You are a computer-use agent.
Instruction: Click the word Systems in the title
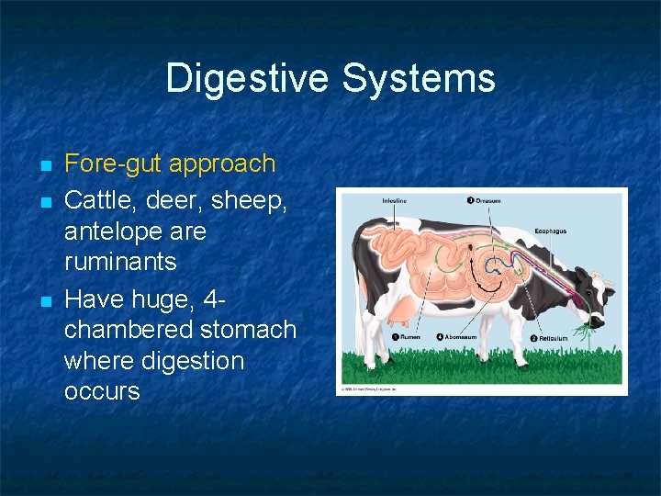[420, 79]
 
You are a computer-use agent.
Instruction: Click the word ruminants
[120, 263]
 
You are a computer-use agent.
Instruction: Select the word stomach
[248, 330]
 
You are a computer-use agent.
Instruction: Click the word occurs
[102, 391]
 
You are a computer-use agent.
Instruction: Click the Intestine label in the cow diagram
[396, 200]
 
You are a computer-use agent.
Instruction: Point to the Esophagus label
[553, 233]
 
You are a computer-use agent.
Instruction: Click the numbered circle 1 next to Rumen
[395, 337]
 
